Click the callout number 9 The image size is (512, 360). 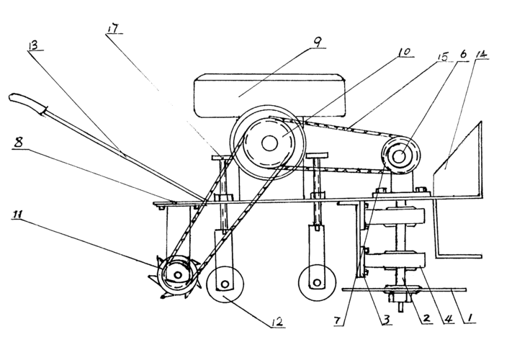click(318, 42)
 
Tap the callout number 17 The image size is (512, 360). click(114, 28)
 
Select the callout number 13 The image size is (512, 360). click(34, 45)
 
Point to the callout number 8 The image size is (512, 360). click(18, 143)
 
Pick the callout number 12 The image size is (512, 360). click(277, 322)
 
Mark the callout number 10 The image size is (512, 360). click(404, 53)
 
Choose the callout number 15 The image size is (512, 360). click(443, 57)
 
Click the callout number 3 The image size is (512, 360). click(387, 320)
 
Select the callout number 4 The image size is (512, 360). click(449, 319)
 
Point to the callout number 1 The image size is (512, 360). click(470, 318)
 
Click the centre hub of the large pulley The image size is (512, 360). click(269, 143)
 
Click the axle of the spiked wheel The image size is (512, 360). click(177, 275)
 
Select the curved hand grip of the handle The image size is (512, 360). click(25, 102)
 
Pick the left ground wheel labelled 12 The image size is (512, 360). click(225, 284)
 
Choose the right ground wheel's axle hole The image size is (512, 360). click(316, 282)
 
